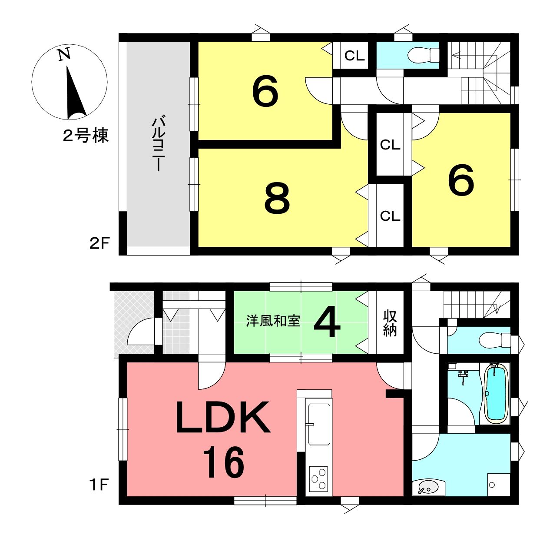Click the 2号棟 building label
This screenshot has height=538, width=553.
86,136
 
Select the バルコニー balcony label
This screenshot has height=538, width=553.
158,143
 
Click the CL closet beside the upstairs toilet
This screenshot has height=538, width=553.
354,56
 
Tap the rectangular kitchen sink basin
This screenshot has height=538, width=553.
319,424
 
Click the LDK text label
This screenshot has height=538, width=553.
223,418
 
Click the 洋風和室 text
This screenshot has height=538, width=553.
273,321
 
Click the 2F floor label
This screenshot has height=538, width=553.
99,244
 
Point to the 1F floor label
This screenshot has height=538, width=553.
99,485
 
